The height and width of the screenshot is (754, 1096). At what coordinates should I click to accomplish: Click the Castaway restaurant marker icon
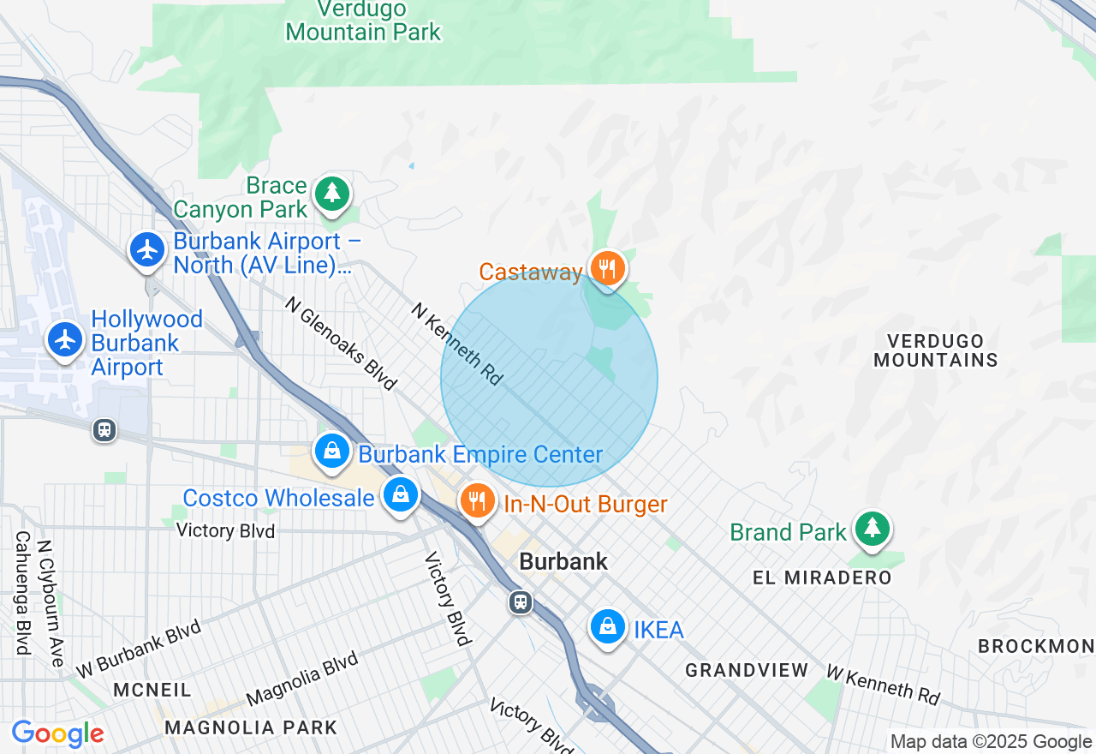607,269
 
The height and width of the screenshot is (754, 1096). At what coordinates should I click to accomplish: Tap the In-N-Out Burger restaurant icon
477,501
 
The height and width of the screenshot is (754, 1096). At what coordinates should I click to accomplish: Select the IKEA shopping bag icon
607,627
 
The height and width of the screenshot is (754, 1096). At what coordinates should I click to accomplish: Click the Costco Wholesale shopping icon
400,494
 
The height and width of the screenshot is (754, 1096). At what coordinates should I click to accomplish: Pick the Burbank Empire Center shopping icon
331,451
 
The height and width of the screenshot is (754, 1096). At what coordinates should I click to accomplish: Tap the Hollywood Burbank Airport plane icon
65,340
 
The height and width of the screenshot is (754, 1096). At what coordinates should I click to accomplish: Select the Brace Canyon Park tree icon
331,193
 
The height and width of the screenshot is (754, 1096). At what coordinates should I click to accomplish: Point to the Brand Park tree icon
872,527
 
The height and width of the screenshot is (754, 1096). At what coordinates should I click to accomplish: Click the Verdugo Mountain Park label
363,21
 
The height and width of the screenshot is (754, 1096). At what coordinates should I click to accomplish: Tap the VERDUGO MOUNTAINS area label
936,350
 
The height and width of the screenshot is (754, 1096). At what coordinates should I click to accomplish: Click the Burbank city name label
563,562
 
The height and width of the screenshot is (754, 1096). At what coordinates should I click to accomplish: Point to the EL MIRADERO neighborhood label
822,577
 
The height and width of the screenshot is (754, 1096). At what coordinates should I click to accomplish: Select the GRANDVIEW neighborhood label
747,670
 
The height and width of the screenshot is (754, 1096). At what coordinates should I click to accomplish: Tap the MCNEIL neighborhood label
152,690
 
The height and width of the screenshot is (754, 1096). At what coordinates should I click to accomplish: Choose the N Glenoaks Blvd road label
341,343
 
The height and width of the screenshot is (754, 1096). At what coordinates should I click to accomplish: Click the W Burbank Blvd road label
138,649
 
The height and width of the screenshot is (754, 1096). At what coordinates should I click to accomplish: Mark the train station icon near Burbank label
520,601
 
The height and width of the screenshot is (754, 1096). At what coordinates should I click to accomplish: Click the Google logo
57,734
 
